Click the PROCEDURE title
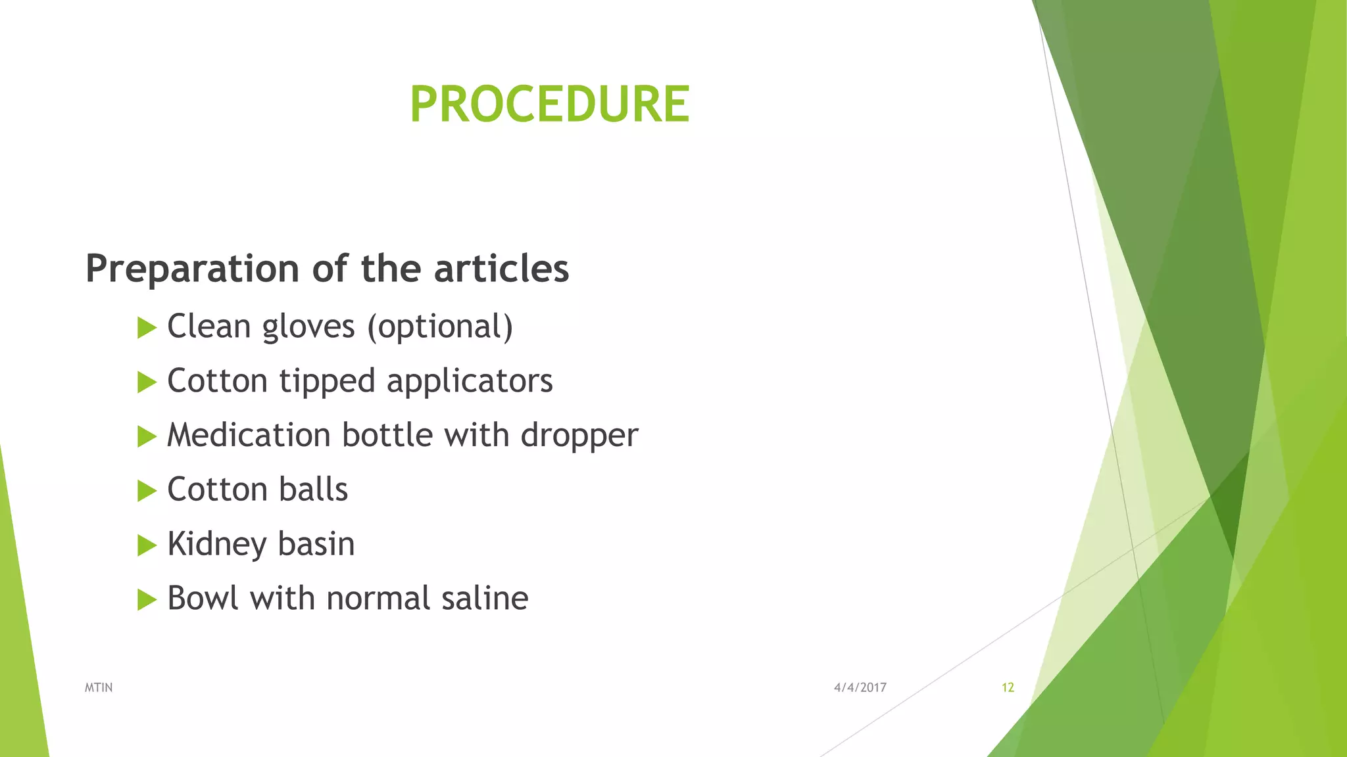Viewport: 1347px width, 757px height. tap(549, 104)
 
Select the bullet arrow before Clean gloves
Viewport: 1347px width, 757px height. tap(147, 327)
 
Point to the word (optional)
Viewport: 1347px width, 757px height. tap(440, 327)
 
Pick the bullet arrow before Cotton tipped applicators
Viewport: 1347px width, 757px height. tap(147, 382)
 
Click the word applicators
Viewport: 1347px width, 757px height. tap(470, 382)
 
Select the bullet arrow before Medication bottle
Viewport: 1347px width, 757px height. tap(147, 436)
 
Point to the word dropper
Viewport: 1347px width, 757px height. tap(579, 436)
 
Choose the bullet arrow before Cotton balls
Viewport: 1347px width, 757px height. tap(147, 491)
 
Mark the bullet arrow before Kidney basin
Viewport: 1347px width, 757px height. tap(147, 545)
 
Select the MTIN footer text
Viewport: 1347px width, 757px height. tap(99, 687)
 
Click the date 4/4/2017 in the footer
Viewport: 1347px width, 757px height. tap(860, 687)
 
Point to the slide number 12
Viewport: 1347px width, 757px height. tap(1008, 687)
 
